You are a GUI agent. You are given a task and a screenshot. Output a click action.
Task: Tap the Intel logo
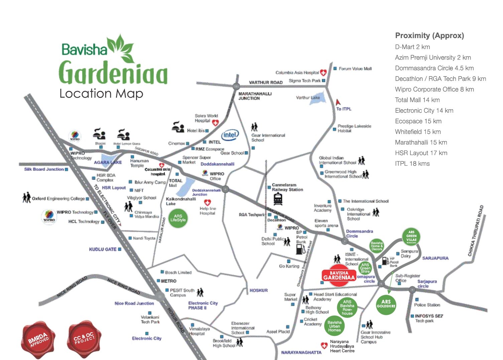[230, 135]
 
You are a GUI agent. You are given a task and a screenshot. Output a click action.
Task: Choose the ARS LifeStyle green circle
[178, 218]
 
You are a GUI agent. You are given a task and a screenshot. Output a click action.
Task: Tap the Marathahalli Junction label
[255, 96]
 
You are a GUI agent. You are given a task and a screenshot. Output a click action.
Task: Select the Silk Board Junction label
[44, 169]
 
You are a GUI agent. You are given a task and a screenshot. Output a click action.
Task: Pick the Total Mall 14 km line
[417, 100]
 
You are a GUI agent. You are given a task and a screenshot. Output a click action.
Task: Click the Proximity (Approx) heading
[429, 35]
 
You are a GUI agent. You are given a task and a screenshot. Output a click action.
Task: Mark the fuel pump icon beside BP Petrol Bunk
[300, 249]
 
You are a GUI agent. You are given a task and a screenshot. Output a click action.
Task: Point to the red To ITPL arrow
[338, 102]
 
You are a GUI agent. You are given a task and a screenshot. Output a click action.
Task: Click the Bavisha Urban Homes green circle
[334, 326]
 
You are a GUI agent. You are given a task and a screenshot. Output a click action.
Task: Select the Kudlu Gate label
[103, 249]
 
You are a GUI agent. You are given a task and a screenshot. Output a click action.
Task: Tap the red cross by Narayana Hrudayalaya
[324, 346]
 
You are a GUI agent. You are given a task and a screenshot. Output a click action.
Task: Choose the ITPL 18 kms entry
[412, 163]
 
